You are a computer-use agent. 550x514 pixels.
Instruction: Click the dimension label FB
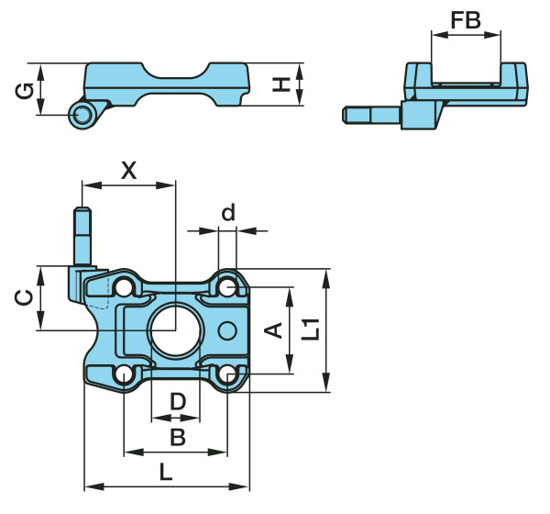click(x=466, y=19)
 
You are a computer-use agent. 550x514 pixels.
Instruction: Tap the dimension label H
click(x=283, y=84)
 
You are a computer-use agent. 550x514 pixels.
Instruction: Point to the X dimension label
click(x=128, y=170)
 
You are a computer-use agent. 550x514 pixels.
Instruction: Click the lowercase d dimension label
click(x=228, y=213)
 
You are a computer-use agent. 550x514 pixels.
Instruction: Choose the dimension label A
click(x=273, y=330)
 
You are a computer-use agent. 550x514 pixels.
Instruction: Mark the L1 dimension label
click(x=312, y=328)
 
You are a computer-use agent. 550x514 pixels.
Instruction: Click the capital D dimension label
click(x=178, y=401)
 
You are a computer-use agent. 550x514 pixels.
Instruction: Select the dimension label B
click(x=178, y=437)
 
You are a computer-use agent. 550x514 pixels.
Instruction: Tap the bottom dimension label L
click(x=166, y=473)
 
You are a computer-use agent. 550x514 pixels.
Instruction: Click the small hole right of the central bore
click(x=229, y=330)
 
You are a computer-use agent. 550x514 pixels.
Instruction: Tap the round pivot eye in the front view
click(x=82, y=113)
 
